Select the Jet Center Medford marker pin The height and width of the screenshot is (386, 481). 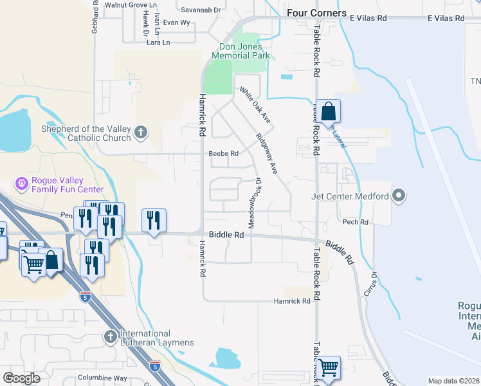399,195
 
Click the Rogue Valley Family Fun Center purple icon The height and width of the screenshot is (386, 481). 23,183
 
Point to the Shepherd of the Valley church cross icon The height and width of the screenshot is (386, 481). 141,134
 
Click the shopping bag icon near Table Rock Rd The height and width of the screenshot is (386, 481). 328,111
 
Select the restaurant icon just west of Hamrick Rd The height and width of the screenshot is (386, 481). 154,220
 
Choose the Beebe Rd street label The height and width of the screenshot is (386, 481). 223,154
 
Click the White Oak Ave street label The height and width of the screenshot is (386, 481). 256,106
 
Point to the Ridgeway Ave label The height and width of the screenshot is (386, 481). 266,154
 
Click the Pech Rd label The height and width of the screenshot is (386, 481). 355,222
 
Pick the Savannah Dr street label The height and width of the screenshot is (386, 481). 200,10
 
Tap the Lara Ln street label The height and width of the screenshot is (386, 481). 158,42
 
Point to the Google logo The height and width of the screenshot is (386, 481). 21,378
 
